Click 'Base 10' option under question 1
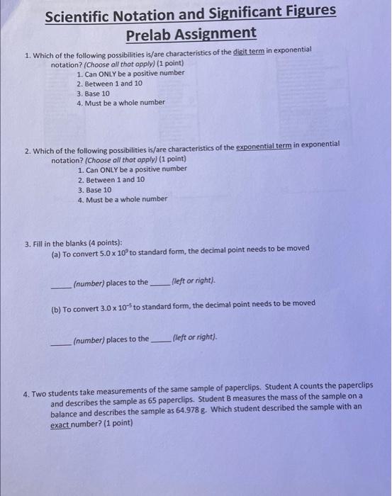[96, 93]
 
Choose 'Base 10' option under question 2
[98, 189]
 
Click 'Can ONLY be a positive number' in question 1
[134, 74]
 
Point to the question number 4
[27, 385]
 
